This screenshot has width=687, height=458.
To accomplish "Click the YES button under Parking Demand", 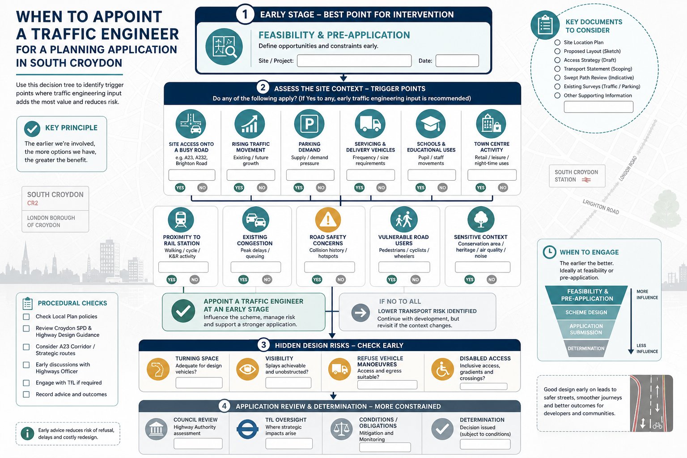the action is coord(298,187).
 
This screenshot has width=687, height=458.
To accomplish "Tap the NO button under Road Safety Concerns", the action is coord(340,280).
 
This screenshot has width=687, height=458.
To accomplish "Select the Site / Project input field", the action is coord(354,61).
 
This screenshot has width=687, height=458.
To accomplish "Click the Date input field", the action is coord(457,61).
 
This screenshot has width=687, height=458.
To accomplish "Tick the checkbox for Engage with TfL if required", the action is coord(26,383).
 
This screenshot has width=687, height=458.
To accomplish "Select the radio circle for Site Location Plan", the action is coord(557,42).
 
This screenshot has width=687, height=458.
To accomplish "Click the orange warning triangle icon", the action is coord(328,220).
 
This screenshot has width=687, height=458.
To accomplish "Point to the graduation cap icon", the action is coord(431,123).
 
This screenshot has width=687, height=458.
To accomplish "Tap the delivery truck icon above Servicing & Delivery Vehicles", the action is coord(370,123).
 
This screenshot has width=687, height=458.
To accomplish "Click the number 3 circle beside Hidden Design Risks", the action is coord(263,345).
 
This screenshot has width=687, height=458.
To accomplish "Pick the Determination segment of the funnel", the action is coord(586,348).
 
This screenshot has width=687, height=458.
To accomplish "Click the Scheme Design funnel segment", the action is coord(586,312).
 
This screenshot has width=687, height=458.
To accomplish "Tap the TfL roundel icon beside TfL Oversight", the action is coord(247,429).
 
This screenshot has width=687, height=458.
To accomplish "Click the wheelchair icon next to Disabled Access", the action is coord(442,369).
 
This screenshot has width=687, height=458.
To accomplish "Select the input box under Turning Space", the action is coord(199,383).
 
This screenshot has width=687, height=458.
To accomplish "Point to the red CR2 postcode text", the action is coord(33,203).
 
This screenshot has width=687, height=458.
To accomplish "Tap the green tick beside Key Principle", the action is coord(32,129).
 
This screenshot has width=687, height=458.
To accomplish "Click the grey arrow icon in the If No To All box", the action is coord(360,313).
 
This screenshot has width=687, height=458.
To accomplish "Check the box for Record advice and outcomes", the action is coord(26,394).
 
